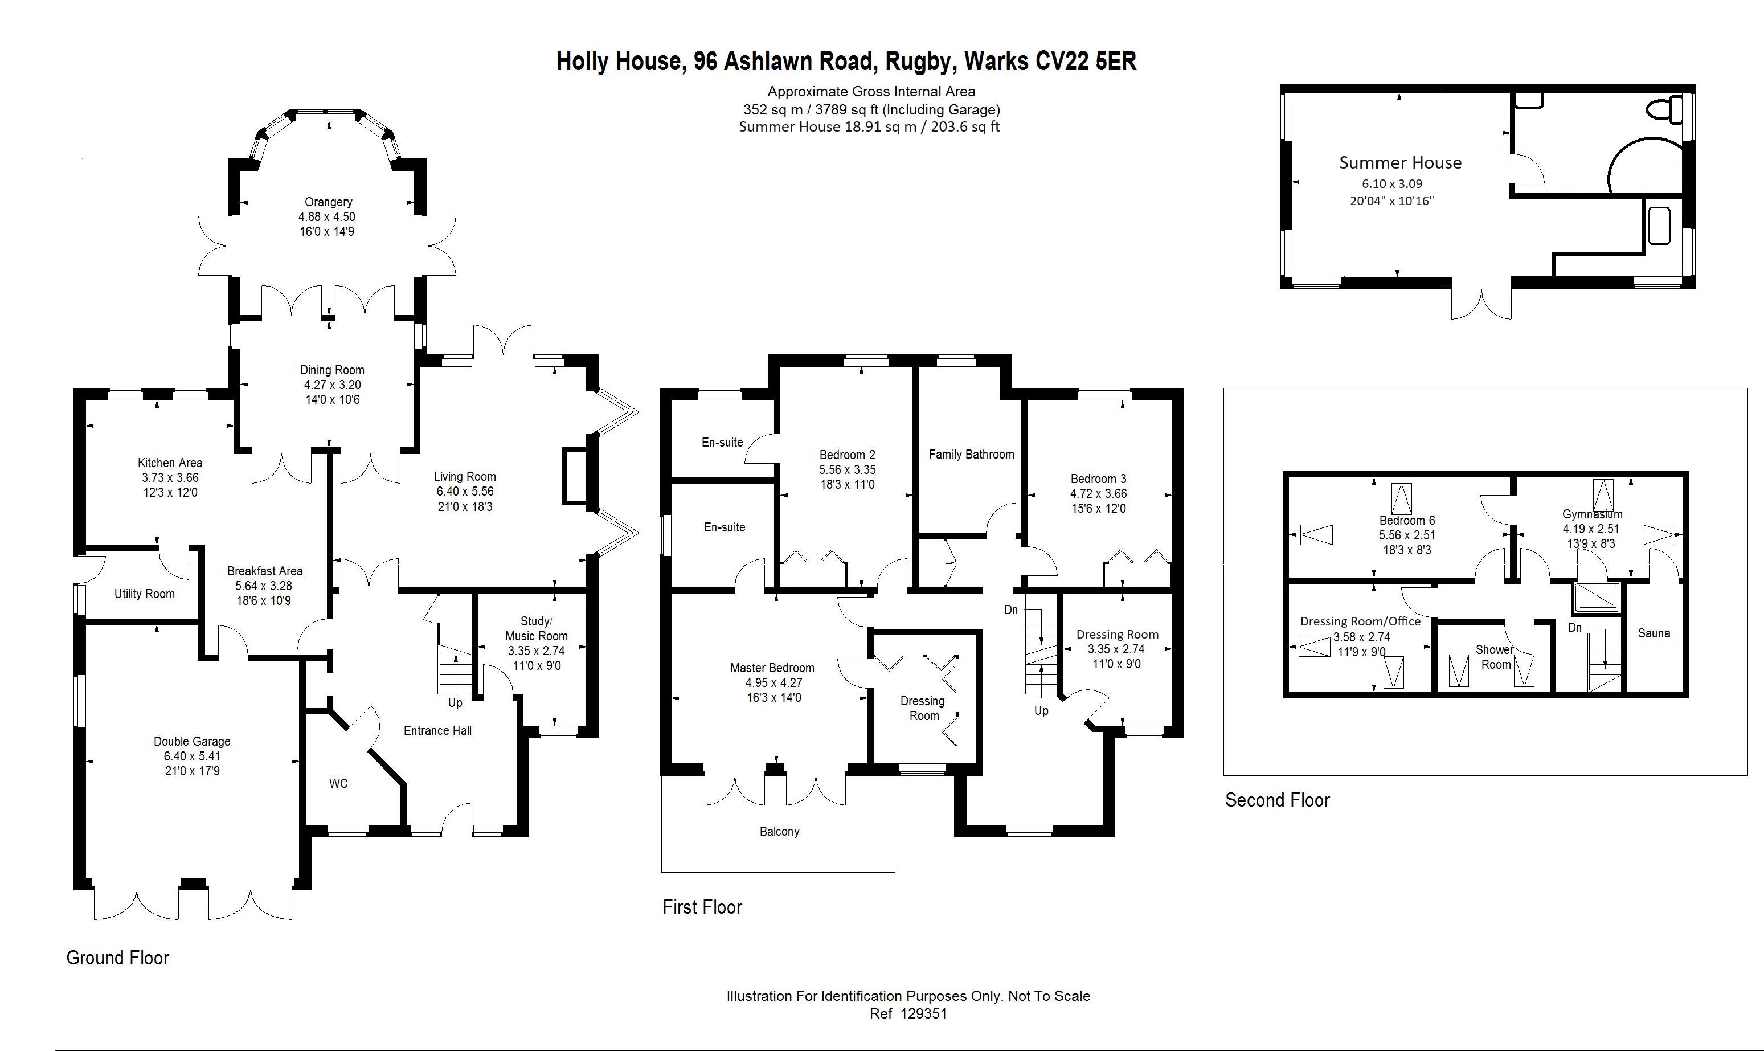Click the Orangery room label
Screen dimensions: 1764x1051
click(328, 202)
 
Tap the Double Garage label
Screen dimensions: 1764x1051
click(192, 742)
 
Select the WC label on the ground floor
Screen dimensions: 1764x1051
click(338, 784)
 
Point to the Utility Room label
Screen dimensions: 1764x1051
click(145, 594)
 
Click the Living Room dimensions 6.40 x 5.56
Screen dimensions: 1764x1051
click(465, 492)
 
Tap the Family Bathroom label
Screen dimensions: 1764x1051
click(971, 455)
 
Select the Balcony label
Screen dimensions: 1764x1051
click(779, 832)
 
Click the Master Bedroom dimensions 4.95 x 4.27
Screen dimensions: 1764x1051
click(772, 683)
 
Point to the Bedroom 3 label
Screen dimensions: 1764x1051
click(1098, 479)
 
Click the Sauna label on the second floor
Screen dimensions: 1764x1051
click(1654, 633)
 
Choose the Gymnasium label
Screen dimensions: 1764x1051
click(1592, 514)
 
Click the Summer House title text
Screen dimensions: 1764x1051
click(1400, 163)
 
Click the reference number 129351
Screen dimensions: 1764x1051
click(923, 1013)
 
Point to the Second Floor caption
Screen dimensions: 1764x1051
click(1278, 800)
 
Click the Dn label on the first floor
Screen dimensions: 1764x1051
click(1010, 610)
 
